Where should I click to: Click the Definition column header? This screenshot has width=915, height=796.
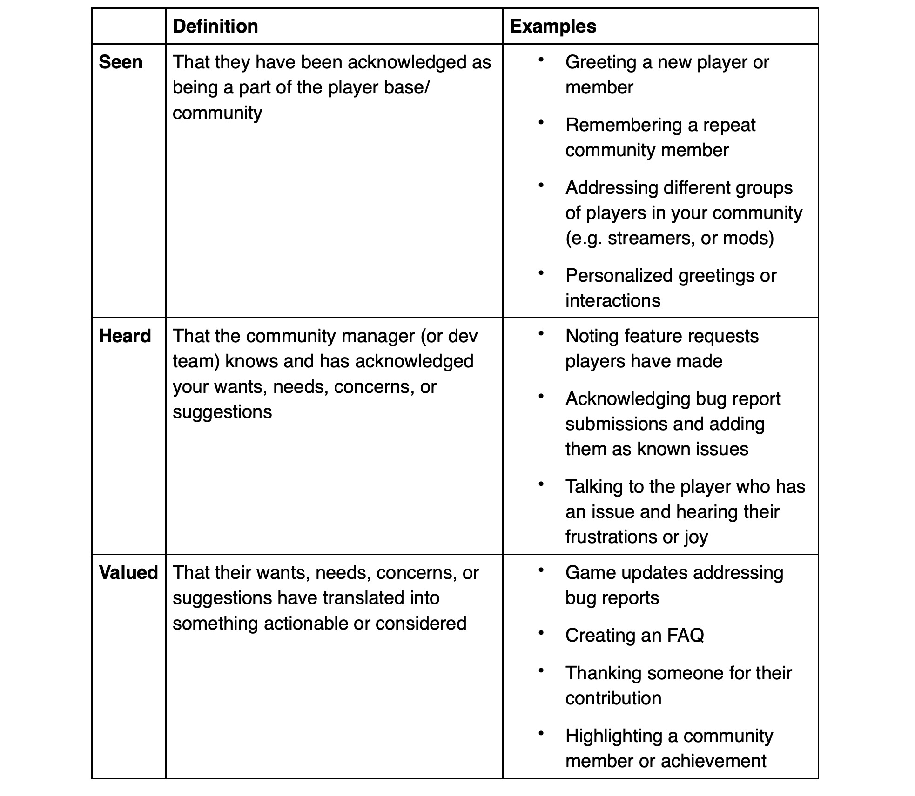(215, 27)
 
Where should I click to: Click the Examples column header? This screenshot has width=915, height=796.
(552, 27)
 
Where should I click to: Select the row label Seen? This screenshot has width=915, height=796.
(121, 62)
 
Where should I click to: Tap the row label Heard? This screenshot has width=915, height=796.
(125, 336)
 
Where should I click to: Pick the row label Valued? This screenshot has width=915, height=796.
(128, 573)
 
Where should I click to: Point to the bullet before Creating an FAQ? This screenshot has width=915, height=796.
(541, 633)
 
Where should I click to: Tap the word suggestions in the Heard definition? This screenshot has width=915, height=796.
(222, 412)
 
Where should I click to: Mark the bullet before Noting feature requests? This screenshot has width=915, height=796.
(541, 333)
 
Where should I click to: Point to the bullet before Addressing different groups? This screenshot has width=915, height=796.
(541, 185)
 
